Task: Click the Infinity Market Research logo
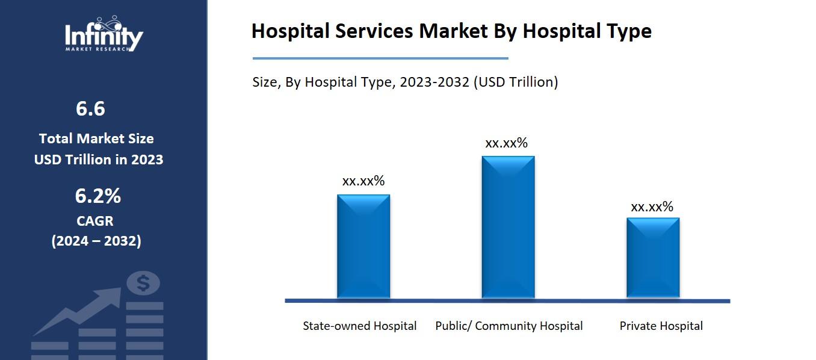pos(104,34)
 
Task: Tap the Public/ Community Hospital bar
pos(508,227)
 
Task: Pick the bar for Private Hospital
pos(653,257)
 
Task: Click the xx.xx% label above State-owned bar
pos(363,181)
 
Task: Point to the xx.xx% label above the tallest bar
pos(506,143)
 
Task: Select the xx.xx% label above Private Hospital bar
pos(652,206)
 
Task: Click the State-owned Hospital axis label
pos(359,326)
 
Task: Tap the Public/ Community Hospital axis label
pos(509,326)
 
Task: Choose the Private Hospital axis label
pos(661,326)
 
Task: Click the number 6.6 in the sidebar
pos(90,109)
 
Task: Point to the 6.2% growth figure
pos(97,196)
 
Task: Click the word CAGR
pos(95,221)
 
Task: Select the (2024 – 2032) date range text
pos(96,241)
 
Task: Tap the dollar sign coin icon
pos(143,283)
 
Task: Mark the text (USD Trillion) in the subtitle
pos(516,82)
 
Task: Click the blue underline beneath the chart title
pos(380,58)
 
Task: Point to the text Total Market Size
pos(96,138)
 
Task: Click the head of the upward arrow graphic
pos(111,296)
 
